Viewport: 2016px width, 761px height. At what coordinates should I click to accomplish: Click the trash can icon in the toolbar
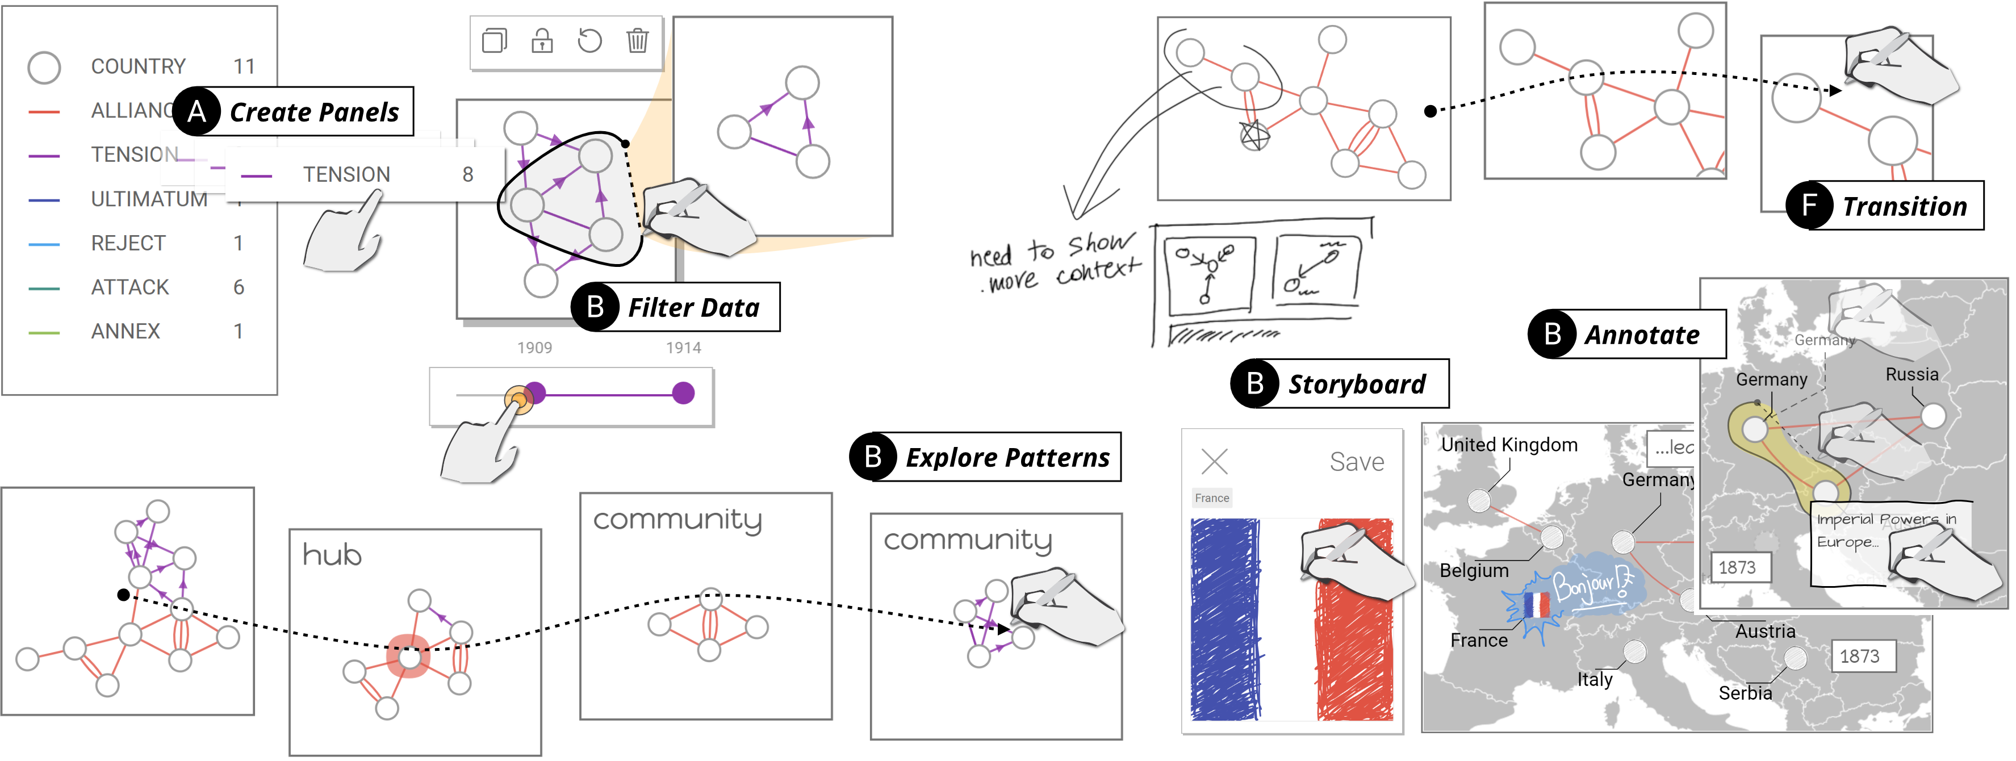click(637, 40)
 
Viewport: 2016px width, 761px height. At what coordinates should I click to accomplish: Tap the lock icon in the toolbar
click(542, 40)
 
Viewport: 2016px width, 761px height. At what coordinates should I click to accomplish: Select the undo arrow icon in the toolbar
click(589, 40)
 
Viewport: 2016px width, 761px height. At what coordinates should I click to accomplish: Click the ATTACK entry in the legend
click(130, 287)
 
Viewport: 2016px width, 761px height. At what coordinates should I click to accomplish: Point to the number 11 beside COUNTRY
click(244, 66)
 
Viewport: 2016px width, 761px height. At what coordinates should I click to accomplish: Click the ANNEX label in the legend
click(125, 331)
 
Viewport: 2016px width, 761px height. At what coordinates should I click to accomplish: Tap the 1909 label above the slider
click(534, 348)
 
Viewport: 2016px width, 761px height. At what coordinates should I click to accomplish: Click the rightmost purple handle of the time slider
click(683, 393)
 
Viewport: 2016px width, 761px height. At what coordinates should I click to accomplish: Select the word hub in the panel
click(332, 555)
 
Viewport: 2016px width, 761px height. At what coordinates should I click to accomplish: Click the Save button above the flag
click(1356, 462)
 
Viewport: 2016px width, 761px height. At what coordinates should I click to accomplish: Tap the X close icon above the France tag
click(1214, 461)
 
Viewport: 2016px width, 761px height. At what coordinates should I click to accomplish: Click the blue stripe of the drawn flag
click(1225, 618)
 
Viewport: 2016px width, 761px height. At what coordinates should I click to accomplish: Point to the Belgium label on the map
click(1474, 571)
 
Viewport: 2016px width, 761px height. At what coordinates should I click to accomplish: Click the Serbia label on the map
click(1745, 693)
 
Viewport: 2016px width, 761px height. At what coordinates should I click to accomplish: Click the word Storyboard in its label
click(1356, 384)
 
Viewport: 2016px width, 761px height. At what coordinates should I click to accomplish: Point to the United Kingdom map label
click(1508, 445)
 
